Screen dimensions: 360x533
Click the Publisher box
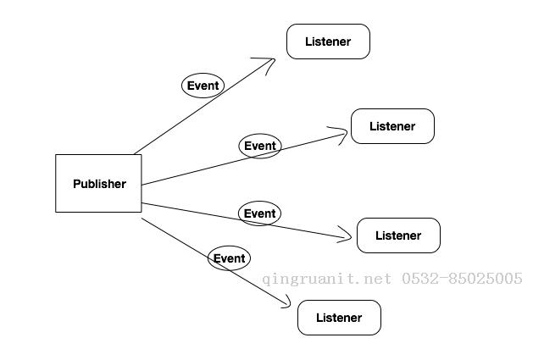click(x=98, y=183)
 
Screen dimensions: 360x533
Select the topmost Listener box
click(x=328, y=42)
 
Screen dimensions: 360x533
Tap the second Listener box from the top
click(x=392, y=126)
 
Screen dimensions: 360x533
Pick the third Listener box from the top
click(x=398, y=235)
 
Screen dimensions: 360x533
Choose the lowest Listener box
click(x=339, y=318)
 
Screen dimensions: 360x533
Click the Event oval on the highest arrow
click(x=203, y=85)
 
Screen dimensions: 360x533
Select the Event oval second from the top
click(x=259, y=146)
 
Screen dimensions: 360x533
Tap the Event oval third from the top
click(x=259, y=213)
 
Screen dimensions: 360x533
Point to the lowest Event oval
click(x=229, y=258)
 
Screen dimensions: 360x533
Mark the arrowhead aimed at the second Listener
click(x=346, y=132)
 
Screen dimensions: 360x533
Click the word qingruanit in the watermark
click(x=303, y=279)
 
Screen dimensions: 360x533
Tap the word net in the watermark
click(x=376, y=279)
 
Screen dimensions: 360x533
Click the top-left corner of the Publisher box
click(x=56, y=155)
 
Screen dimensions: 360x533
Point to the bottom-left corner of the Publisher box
click(x=56, y=212)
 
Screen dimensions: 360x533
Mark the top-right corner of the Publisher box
click(x=142, y=155)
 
